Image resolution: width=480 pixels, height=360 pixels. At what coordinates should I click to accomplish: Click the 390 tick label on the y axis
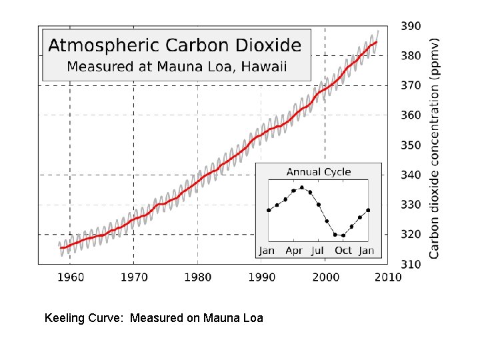411,26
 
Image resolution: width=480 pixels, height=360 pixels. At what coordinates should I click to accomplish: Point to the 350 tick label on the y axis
411,145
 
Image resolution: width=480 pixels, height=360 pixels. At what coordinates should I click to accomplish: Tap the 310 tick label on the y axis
411,265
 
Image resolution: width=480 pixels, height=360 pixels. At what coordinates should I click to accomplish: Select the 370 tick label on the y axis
411,86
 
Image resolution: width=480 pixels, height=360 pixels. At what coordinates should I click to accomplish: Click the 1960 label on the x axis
70,277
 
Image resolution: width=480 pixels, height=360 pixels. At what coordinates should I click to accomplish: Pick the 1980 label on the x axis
197,277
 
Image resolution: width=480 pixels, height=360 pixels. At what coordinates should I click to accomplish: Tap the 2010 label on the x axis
387,277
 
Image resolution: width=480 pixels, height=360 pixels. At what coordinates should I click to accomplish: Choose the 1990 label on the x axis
261,277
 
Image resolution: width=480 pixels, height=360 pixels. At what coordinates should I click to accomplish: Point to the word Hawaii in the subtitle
264,67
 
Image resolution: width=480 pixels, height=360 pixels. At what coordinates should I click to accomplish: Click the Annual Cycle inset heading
318,172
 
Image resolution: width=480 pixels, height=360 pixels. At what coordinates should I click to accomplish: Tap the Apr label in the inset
294,251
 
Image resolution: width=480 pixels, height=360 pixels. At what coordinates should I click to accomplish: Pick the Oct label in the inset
343,251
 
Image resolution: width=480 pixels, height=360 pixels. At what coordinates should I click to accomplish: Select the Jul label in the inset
318,251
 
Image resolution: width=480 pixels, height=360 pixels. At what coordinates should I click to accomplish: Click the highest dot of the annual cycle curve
301,187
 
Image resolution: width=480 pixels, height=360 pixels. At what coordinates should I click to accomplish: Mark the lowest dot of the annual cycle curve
343,235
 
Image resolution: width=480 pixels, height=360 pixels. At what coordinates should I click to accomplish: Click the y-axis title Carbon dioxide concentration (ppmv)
434,147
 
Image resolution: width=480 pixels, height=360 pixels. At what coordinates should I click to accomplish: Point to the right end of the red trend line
377,42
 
